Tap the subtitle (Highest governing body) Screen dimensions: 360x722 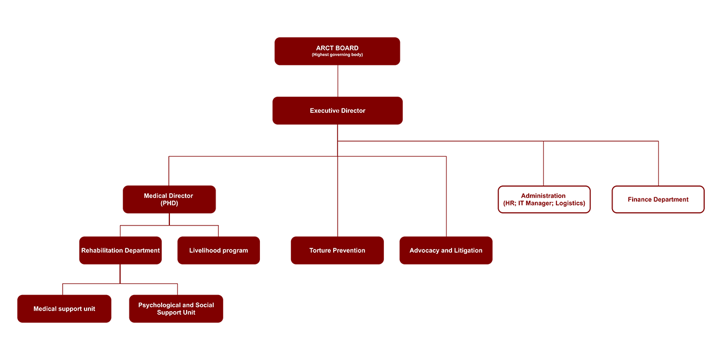pyautogui.click(x=337, y=55)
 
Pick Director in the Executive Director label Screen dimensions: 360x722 pyautogui.click(x=353, y=111)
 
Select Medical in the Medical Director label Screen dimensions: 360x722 pyautogui.click(x=156, y=196)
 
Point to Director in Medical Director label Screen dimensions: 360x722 pyautogui.click(x=181, y=196)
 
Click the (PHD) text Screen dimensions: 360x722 pyautogui.click(x=169, y=203)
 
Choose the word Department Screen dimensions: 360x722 pyautogui.click(x=142, y=251)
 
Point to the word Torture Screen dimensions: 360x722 pyautogui.click(x=320, y=251)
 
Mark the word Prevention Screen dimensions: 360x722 pyautogui.click(x=349, y=251)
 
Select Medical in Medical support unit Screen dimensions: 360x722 pyautogui.click(x=45, y=309)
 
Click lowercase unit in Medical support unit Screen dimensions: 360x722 pyautogui.click(x=89, y=309)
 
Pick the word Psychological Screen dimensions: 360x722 pyautogui.click(x=159, y=306)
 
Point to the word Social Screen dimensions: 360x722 pyautogui.click(x=204, y=306)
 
